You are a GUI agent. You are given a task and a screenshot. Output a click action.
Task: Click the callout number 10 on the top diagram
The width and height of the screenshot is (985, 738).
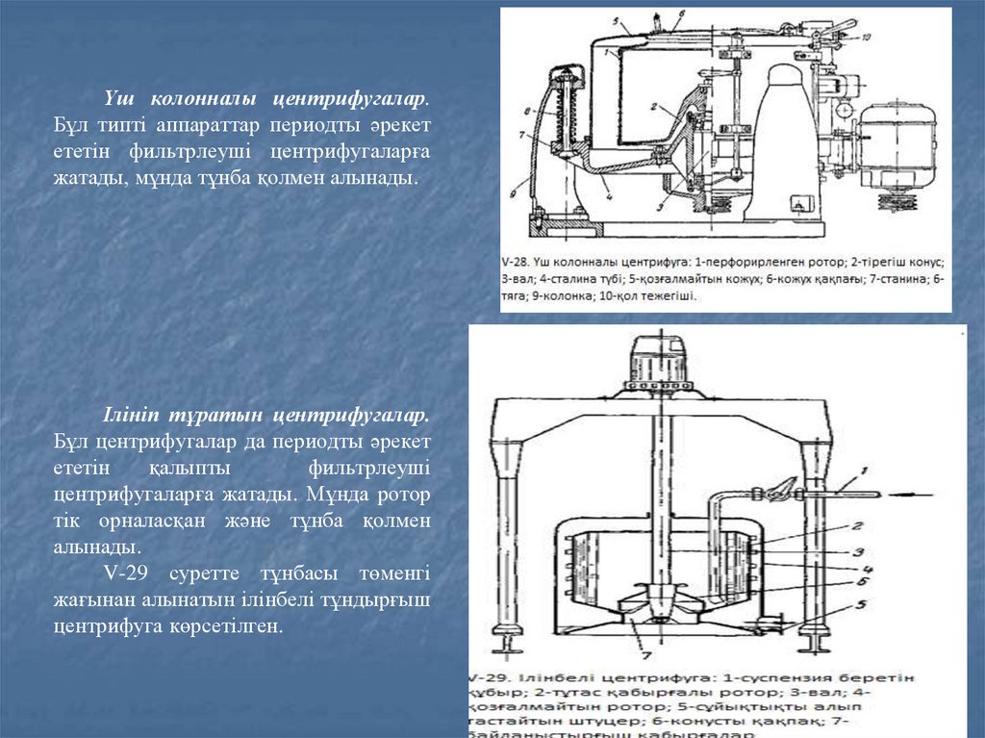pyautogui.click(x=866, y=38)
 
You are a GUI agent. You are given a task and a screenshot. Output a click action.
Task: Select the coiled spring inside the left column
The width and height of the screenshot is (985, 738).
pyautogui.click(x=563, y=111)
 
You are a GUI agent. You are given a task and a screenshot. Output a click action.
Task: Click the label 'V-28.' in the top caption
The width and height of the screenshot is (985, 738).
pyautogui.click(x=517, y=261)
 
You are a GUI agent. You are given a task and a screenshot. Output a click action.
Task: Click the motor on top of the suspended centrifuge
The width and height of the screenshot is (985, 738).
pyautogui.click(x=658, y=361)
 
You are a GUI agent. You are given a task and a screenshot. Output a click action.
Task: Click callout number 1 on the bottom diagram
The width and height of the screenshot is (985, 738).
pyautogui.click(x=865, y=471)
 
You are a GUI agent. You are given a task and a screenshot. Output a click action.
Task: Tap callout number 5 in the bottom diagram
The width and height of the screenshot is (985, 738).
pyautogui.click(x=862, y=604)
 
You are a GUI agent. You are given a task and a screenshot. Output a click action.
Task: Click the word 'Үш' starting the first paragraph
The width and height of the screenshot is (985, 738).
pyautogui.click(x=117, y=98)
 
